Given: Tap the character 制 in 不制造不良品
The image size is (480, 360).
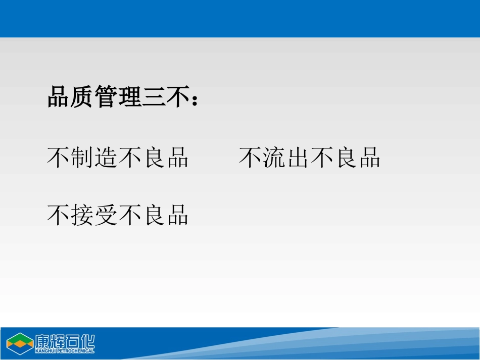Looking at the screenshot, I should pos(83,158).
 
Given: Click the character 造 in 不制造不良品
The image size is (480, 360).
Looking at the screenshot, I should pos(107,158).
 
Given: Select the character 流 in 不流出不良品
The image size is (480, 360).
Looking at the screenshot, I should pos(274,158).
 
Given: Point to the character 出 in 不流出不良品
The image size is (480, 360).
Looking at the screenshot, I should pos(298,158).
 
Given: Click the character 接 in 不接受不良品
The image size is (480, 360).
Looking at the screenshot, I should pos(83,215).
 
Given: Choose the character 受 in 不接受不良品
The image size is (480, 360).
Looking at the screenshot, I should pos(107,215).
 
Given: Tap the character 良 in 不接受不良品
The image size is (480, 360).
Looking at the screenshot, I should pos(154,215).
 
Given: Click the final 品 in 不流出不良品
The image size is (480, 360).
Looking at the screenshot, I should pos(369,158).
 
